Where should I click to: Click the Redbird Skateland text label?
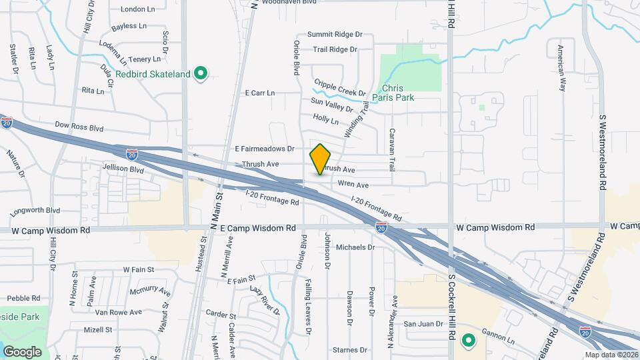point(153,74)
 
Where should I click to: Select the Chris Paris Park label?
point(398,93)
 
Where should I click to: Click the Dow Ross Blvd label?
point(79,125)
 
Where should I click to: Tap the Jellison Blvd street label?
point(123,170)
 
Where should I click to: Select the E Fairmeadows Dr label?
point(265,149)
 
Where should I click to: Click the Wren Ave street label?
point(353,185)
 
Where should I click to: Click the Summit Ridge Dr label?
point(334,35)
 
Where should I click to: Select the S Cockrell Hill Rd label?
point(451,303)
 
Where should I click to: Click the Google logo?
point(22,351)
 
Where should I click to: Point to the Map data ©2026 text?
point(611,355)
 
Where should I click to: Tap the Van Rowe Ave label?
point(119,312)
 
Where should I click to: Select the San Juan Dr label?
point(424,324)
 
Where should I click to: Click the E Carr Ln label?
point(260,93)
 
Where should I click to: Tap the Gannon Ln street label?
point(501,341)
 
